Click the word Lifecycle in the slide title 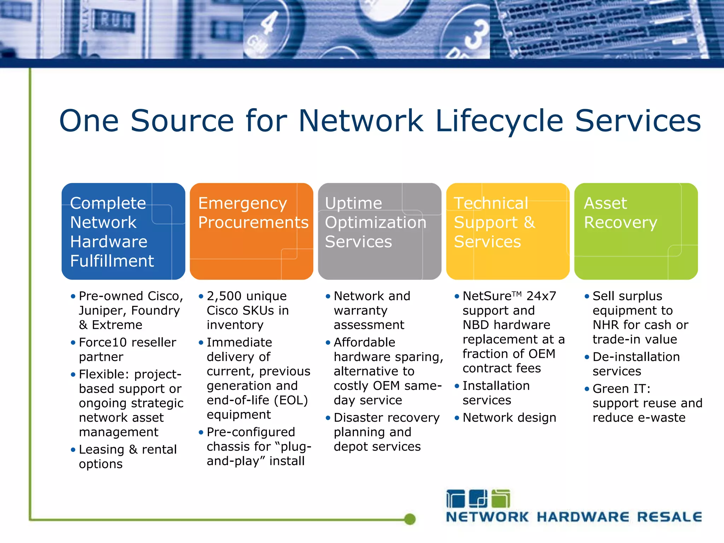499,121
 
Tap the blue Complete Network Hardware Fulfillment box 123,232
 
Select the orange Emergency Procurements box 251,232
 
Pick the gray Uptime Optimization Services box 379,232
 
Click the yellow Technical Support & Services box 508,232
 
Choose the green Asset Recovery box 636,232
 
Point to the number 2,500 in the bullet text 224,296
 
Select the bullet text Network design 509,418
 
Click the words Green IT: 621,389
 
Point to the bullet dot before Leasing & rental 73,450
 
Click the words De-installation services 636,364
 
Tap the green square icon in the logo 501,499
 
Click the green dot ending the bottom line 410,519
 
